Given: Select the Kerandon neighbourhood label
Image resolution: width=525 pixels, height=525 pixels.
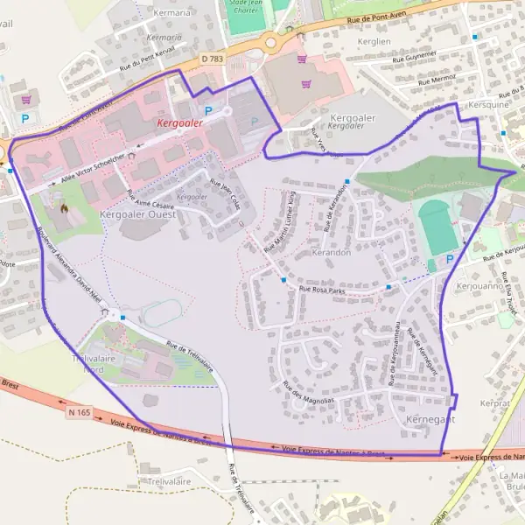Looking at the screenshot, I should [331, 252].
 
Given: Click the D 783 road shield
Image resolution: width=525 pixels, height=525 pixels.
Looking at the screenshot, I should [213, 59].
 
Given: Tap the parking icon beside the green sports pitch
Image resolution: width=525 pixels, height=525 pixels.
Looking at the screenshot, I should [450, 259].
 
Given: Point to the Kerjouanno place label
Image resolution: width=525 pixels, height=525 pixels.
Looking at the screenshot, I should [479, 285].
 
